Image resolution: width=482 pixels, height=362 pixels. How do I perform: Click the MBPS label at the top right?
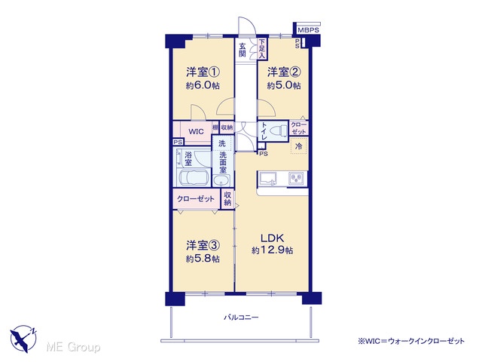click(308, 30)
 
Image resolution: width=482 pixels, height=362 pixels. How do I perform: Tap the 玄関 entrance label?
click(243, 50)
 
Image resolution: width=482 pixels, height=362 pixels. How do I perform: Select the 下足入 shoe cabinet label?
click(261, 48)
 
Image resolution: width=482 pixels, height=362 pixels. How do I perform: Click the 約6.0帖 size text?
click(203, 85)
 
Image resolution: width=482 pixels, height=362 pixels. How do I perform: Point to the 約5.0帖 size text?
click(283, 85)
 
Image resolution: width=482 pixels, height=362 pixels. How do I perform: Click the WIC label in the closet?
click(196, 132)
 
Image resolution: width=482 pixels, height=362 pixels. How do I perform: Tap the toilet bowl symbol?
click(278, 131)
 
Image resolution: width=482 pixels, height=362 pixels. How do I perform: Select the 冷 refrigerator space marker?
click(299, 146)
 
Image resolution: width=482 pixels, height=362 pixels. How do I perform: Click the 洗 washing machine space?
click(222, 143)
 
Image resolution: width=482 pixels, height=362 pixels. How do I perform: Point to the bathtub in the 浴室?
click(194, 178)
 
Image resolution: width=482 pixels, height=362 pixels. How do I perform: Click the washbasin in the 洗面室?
click(221, 181)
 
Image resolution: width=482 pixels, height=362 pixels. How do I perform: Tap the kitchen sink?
click(268, 178)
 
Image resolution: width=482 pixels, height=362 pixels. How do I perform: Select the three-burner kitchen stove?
click(297, 179)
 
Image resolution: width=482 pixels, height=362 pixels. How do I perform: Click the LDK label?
click(272, 238)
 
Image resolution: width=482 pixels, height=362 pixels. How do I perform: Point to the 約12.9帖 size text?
click(273, 250)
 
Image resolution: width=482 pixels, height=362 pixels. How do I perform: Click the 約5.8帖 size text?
click(203, 259)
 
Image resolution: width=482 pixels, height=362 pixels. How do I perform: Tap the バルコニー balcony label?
click(241, 317)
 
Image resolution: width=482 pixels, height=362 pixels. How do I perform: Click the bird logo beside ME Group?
click(23, 339)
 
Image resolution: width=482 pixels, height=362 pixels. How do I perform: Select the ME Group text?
click(73, 347)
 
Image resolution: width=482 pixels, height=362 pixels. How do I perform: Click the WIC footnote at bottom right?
click(411, 341)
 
